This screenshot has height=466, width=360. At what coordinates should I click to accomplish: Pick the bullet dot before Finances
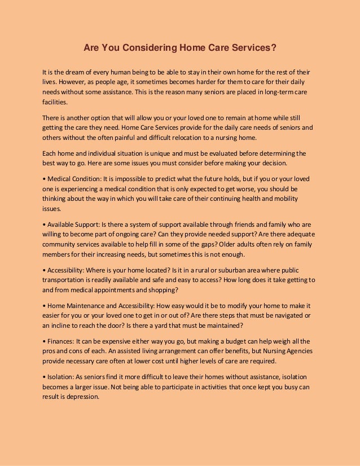44,341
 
